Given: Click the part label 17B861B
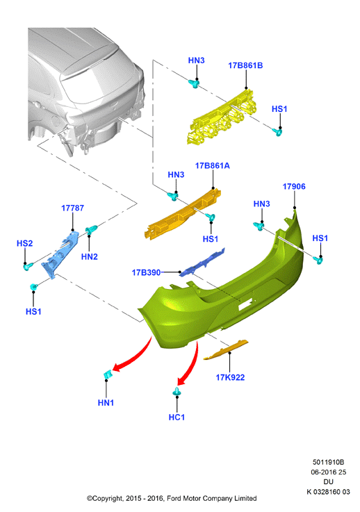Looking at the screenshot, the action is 245,65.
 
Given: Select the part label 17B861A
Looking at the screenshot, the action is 213,166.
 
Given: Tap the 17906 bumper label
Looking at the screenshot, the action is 294,186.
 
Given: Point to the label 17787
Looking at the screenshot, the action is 72,208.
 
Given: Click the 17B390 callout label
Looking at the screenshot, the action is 146,272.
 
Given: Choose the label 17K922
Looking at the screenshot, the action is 230,377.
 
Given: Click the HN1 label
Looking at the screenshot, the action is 106,403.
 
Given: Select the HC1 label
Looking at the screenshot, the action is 177,418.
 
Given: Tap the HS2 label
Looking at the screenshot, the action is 25,243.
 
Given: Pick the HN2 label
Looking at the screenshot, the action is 90,257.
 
